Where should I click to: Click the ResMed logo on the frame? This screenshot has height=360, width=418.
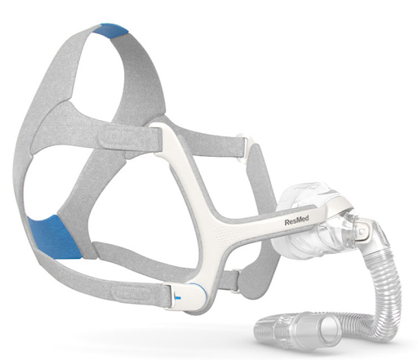pyautogui.click(x=296, y=220)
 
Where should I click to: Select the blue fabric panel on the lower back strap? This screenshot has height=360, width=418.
pyautogui.click(x=54, y=237)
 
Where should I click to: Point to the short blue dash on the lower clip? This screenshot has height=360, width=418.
pyautogui.click(x=177, y=298)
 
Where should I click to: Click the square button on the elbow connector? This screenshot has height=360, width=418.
pyautogui.click(x=362, y=231)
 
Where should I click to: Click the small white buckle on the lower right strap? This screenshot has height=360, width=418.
pyautogui.click(x=236, y=280)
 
